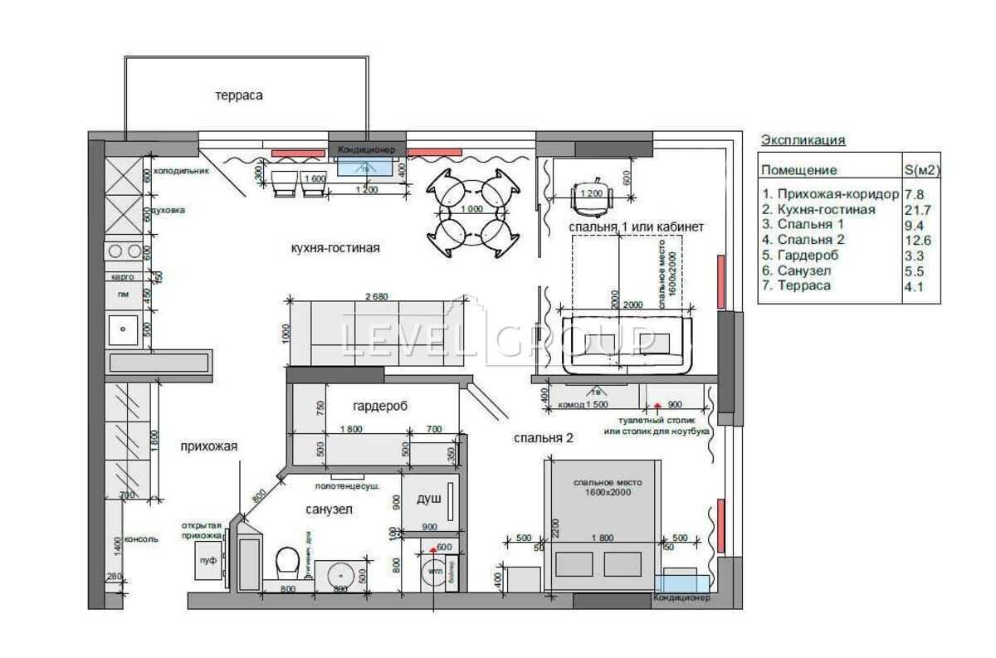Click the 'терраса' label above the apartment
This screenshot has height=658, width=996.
[239, 95]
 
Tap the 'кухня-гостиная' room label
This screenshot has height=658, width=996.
[335, 248]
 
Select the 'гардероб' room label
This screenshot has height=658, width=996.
[379, 406]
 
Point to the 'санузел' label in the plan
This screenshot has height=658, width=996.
[329, 509]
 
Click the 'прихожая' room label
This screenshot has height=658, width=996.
[208, 446]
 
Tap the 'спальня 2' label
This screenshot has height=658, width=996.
[544, 438]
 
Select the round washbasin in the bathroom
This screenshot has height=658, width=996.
[340, 573]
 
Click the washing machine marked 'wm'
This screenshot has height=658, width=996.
[434, 573]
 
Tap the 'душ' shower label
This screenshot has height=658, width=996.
[428, 500]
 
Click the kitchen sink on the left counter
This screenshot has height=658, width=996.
[123, 329]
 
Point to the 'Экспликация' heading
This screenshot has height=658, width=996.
[803, 140]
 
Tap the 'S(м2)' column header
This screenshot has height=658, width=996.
[921, 170]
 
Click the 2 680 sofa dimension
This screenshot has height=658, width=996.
[376, 296]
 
